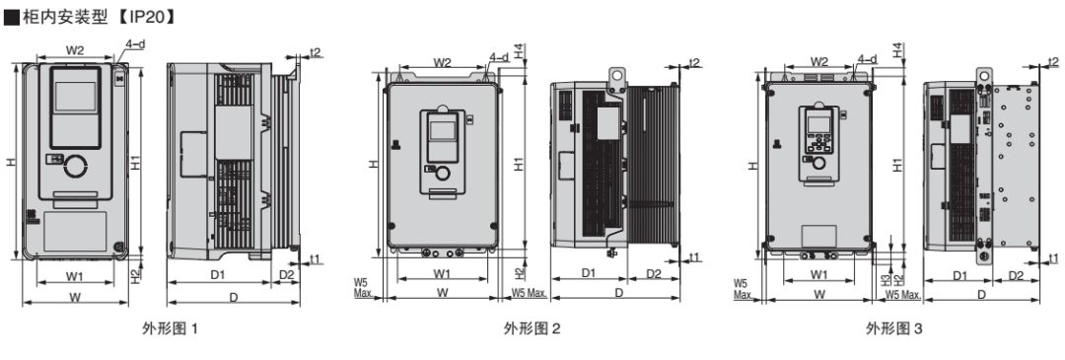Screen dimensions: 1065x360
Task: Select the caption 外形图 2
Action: coord(532,329)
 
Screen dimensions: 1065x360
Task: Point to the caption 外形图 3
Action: coord(894,329)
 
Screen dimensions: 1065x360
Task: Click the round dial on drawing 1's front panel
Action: coord(75,166)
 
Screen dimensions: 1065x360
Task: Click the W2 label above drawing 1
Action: coord(75,49)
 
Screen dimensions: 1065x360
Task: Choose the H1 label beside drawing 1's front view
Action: coord(136,163)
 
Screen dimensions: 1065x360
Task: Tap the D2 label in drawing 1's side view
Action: coord(286,274)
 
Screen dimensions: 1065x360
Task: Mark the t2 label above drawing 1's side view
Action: coord(316,52)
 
